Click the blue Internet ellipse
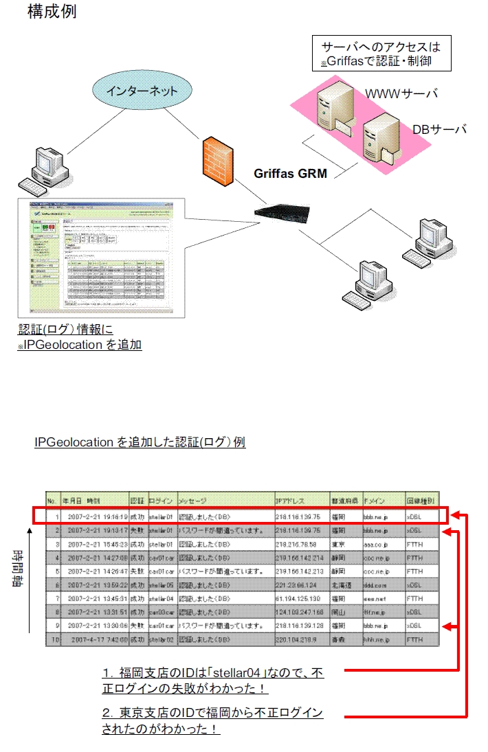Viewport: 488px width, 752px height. [x=143, y=91]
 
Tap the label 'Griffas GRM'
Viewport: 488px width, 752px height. [x=291, y=174]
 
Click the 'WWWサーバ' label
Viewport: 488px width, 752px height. [x=401, y=93]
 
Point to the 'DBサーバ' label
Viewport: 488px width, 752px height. [x=440, y=129]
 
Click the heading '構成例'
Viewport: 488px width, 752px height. [x=52, y=12]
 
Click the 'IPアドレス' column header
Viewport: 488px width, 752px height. [x=295, y=501]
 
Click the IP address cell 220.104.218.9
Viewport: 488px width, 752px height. [x=297, y=640]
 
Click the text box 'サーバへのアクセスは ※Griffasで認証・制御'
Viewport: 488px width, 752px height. [x=381, y=54]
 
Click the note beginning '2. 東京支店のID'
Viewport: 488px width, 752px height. [x=212, y=721]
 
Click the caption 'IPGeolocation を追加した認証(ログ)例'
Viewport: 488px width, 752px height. [x=140, y=442]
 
